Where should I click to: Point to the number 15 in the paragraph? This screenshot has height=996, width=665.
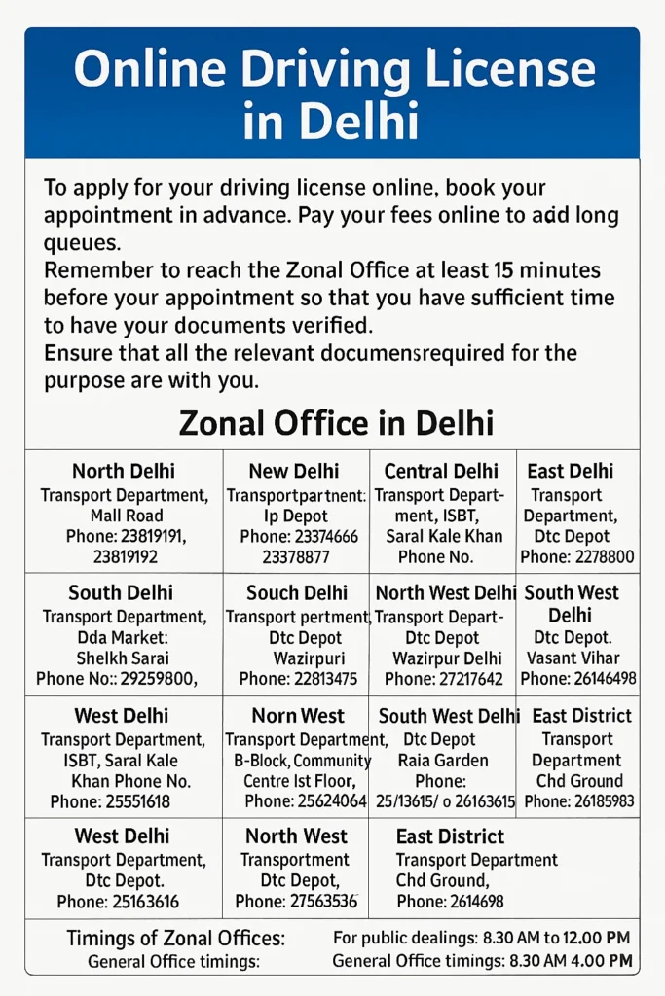[x=507, y=269]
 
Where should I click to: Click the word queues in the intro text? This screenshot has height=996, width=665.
[x=82, y=242]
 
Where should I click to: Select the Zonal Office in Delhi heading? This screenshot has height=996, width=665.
[x=336, y=423]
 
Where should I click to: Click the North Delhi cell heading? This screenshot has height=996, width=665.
[x=125, y=472]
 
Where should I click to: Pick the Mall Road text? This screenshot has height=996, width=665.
[x=125, y=516]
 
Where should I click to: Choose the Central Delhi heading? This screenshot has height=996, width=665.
[x=441, y=472]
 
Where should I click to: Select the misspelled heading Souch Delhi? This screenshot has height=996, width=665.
[x=297, y=592]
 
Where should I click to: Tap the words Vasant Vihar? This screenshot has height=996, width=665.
[x=579, y=658]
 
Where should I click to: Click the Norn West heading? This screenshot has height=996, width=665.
[x=298, y=716]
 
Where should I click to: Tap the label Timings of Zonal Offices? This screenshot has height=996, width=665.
[x=176, y=939]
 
